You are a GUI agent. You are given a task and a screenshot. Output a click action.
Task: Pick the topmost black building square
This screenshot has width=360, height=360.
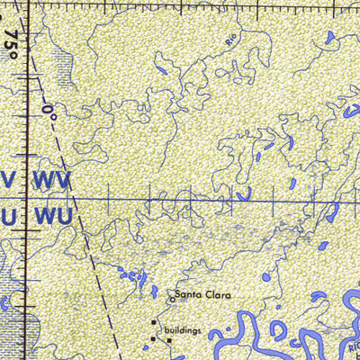click(154, 321)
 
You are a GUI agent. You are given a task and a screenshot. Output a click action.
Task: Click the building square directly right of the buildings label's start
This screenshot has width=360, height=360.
click(168, 340)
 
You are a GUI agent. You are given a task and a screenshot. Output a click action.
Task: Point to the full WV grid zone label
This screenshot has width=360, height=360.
click(51, 179)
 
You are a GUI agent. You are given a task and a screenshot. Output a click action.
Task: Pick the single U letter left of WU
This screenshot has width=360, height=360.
click(8, 217)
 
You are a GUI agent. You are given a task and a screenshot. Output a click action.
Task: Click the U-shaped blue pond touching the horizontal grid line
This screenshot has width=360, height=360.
click(243, 193)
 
